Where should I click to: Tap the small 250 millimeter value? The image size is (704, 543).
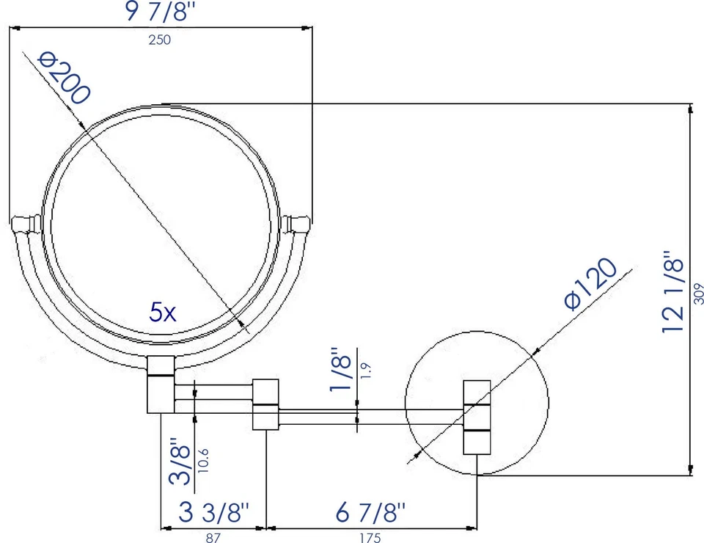pyautogui.click(x=159, y=40)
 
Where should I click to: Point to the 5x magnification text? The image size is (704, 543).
pyautogui.click(x=162, y=313)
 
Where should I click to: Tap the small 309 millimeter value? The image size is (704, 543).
pyautogui.click(x=697, y=294)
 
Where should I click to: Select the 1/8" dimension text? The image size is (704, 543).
pyautogui.click(x=342, y=371)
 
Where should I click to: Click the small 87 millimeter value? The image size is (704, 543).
pyautogui.click(x=213, y=538)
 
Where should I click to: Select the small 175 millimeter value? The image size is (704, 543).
pyautogui.click(x=370, y=538)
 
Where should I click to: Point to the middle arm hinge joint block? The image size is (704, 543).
pyautogui.click(x=266, y=404)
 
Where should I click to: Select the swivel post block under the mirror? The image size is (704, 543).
pyautogui.click(x=161, y=384)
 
